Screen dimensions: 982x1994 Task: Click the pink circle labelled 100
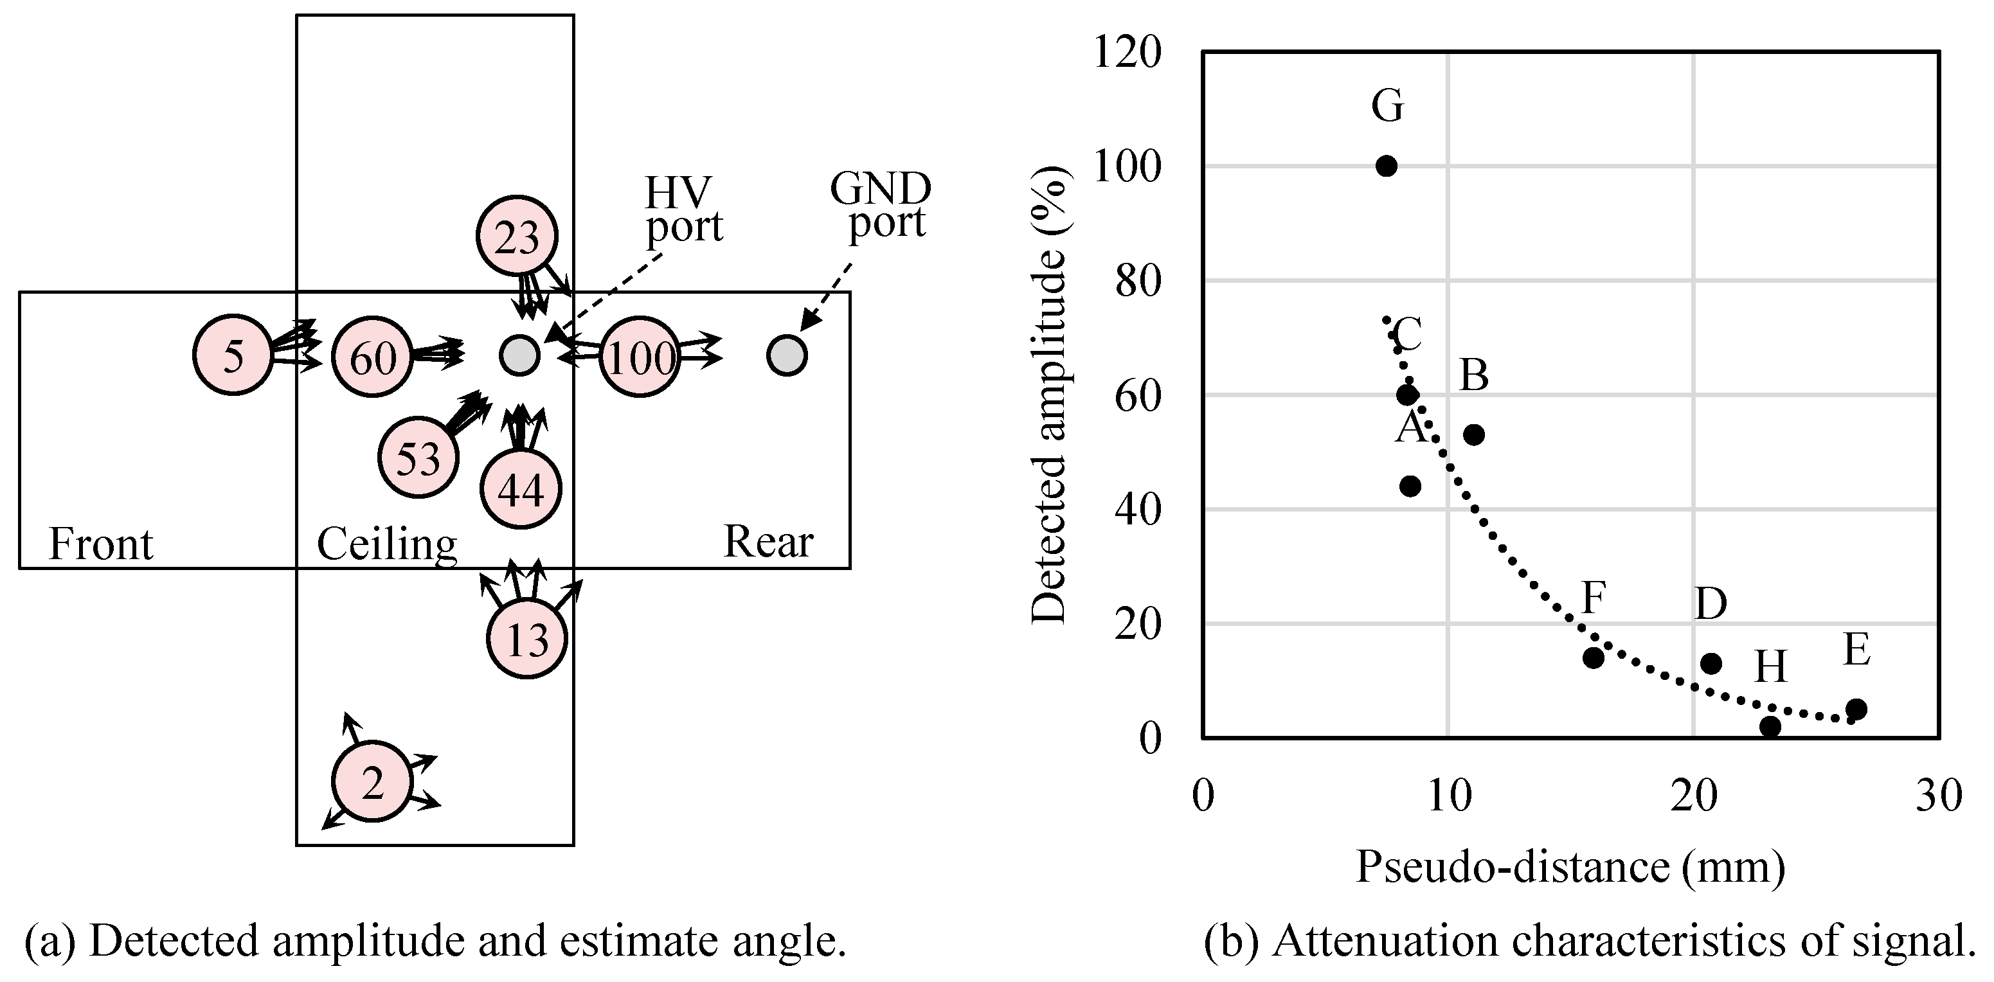[x=640, y=357]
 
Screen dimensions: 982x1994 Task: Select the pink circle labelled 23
[x=516, y=236]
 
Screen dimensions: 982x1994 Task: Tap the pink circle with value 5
[x=232, y=355]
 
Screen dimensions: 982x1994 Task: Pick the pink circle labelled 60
[x=372, y=357]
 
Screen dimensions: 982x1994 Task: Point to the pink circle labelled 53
[x=418, y=458]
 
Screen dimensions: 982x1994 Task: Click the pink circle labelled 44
[x=520, y=488]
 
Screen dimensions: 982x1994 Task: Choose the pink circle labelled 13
[x=527, y=638]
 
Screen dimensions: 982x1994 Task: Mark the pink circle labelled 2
[x=372, y=781]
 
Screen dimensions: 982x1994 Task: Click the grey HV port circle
[x=519, y=355]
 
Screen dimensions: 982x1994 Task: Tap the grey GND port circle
[x=786, y=355]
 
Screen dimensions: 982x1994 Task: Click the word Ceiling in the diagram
[x=386, y=544]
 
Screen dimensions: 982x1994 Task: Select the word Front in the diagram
[x=101, y=543]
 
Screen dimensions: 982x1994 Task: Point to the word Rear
[x=768, y=541]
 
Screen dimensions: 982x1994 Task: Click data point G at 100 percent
[x=1387, y=166]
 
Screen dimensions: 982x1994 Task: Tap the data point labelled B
[x=1474, y=435]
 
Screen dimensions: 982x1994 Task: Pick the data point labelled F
[x=1593, y=657]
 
